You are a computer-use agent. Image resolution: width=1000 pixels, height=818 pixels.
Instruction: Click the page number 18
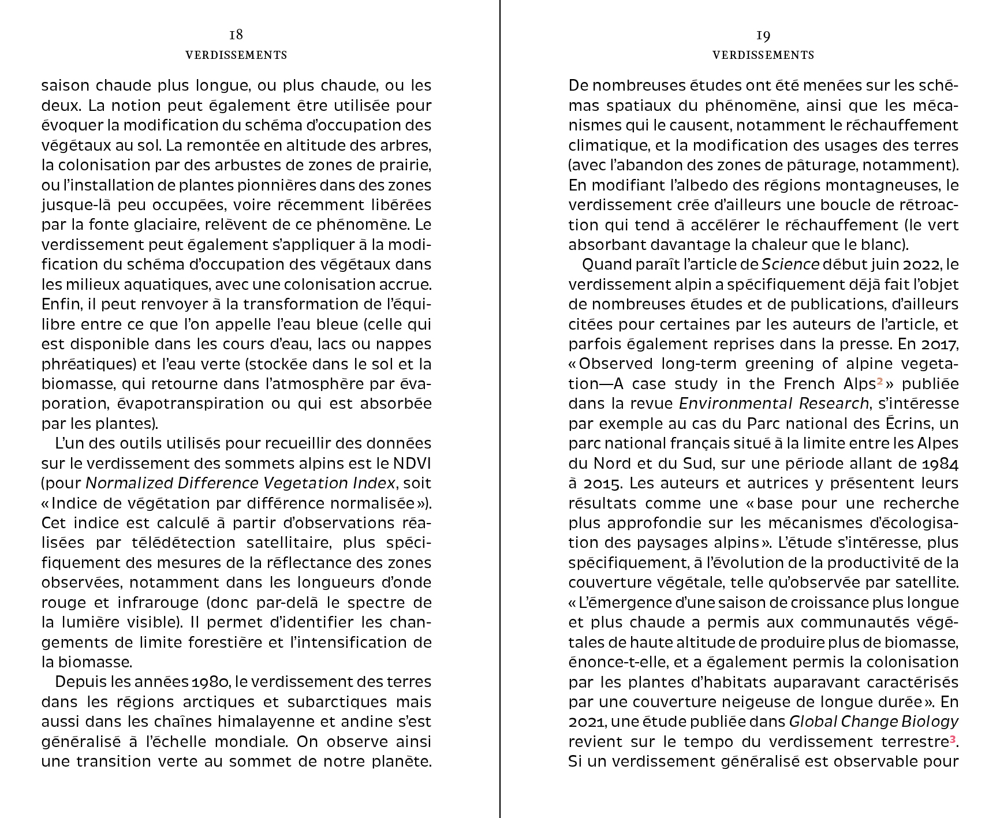[236, 35]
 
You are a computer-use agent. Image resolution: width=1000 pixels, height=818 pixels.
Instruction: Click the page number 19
[763, 36]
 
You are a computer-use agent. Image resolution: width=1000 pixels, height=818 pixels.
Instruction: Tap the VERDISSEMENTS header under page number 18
[236, 55]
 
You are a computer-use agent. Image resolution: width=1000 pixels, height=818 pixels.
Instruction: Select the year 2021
[587, 722]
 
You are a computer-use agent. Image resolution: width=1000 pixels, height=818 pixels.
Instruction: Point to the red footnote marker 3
[953, 739]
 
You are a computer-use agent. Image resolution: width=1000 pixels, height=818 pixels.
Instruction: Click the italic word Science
[790, 265]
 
